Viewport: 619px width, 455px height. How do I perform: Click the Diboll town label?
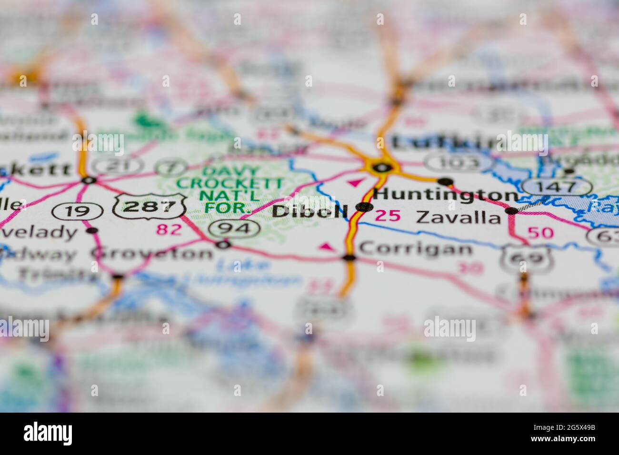(310, 211)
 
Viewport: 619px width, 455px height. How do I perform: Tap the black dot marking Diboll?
(364, 207)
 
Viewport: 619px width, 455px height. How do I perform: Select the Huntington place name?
(446, 195)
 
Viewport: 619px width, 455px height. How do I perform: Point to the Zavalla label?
(459, 218)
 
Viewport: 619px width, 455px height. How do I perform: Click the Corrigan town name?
(416, 248)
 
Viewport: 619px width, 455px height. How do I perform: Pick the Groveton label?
(152, 253)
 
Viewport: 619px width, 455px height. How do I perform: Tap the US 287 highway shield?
(150, 207)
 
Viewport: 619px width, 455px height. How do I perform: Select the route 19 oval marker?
(77, 211)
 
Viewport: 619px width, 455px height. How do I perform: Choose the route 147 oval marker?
(556, 187)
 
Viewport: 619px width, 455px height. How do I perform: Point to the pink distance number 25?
(388, 216)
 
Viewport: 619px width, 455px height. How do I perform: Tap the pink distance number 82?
(169, 229)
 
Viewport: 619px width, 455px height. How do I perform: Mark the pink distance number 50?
(540, 233)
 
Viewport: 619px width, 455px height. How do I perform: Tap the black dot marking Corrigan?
(349, 257)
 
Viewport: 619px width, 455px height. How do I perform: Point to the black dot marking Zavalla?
(512, 210)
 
